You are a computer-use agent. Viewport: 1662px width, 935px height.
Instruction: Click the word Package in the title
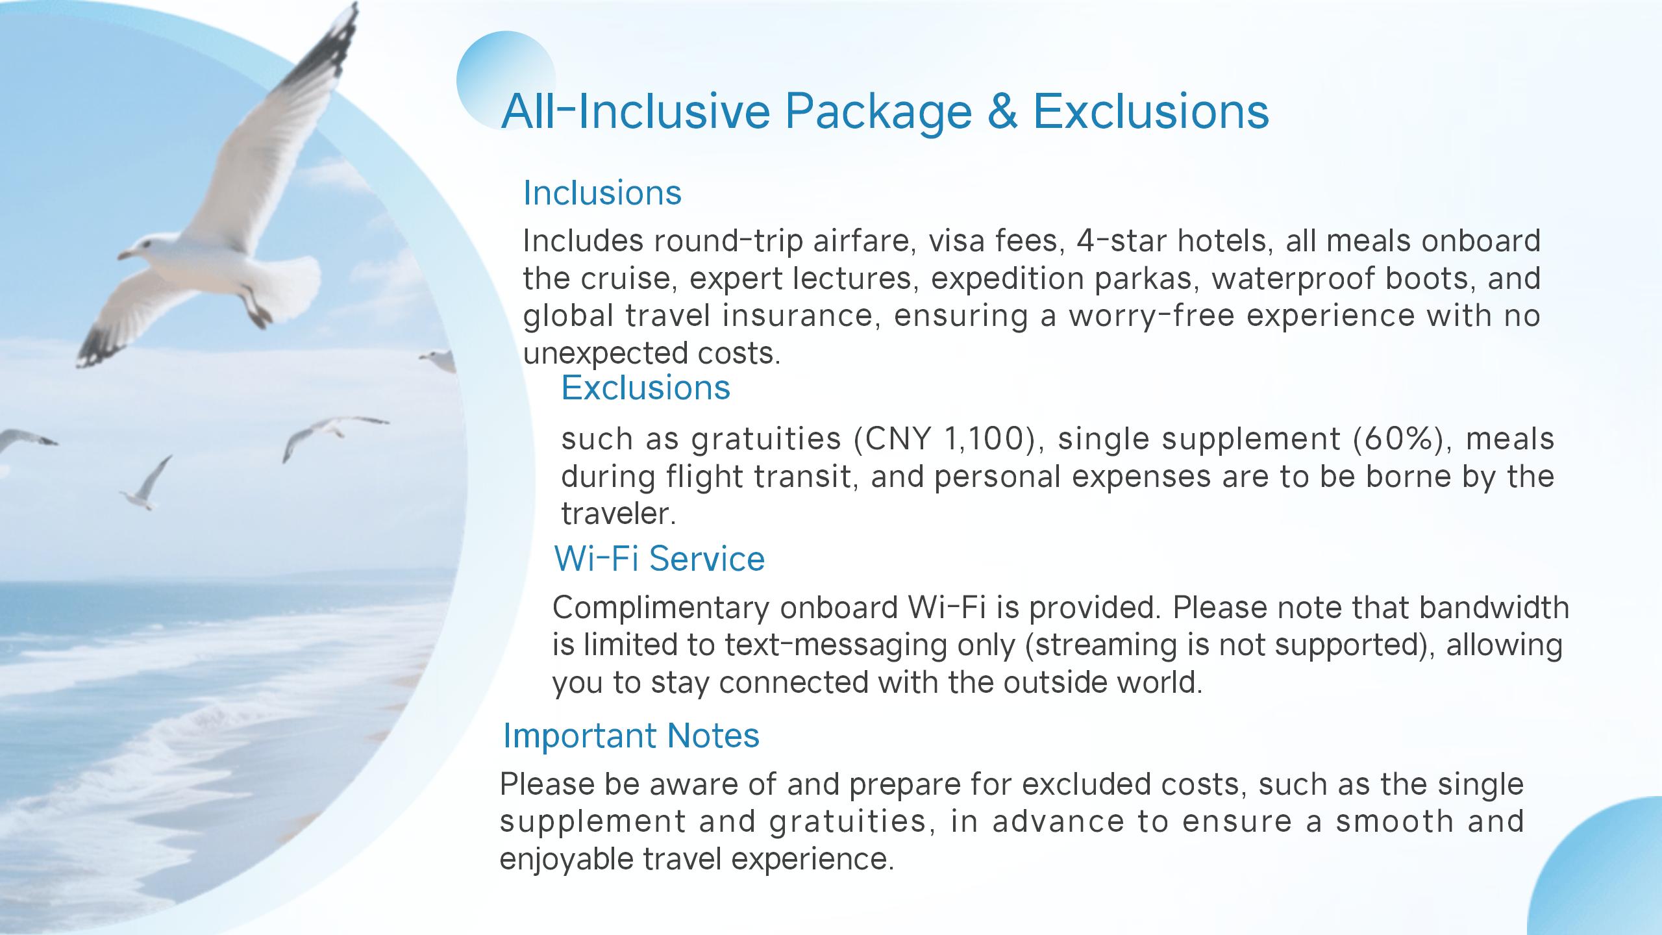click(x=878, y=112)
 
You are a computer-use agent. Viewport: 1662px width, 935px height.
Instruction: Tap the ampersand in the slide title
click(x=1002, y=112)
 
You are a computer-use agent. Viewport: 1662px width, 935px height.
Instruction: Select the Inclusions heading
click(x=602, y=193)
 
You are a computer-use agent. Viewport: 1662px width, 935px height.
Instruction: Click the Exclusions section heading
click(x=646, y=388)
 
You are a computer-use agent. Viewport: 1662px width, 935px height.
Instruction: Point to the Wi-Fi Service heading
click(x=660, y=558)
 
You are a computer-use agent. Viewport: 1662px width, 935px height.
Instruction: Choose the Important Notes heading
click(x=631, y=736)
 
